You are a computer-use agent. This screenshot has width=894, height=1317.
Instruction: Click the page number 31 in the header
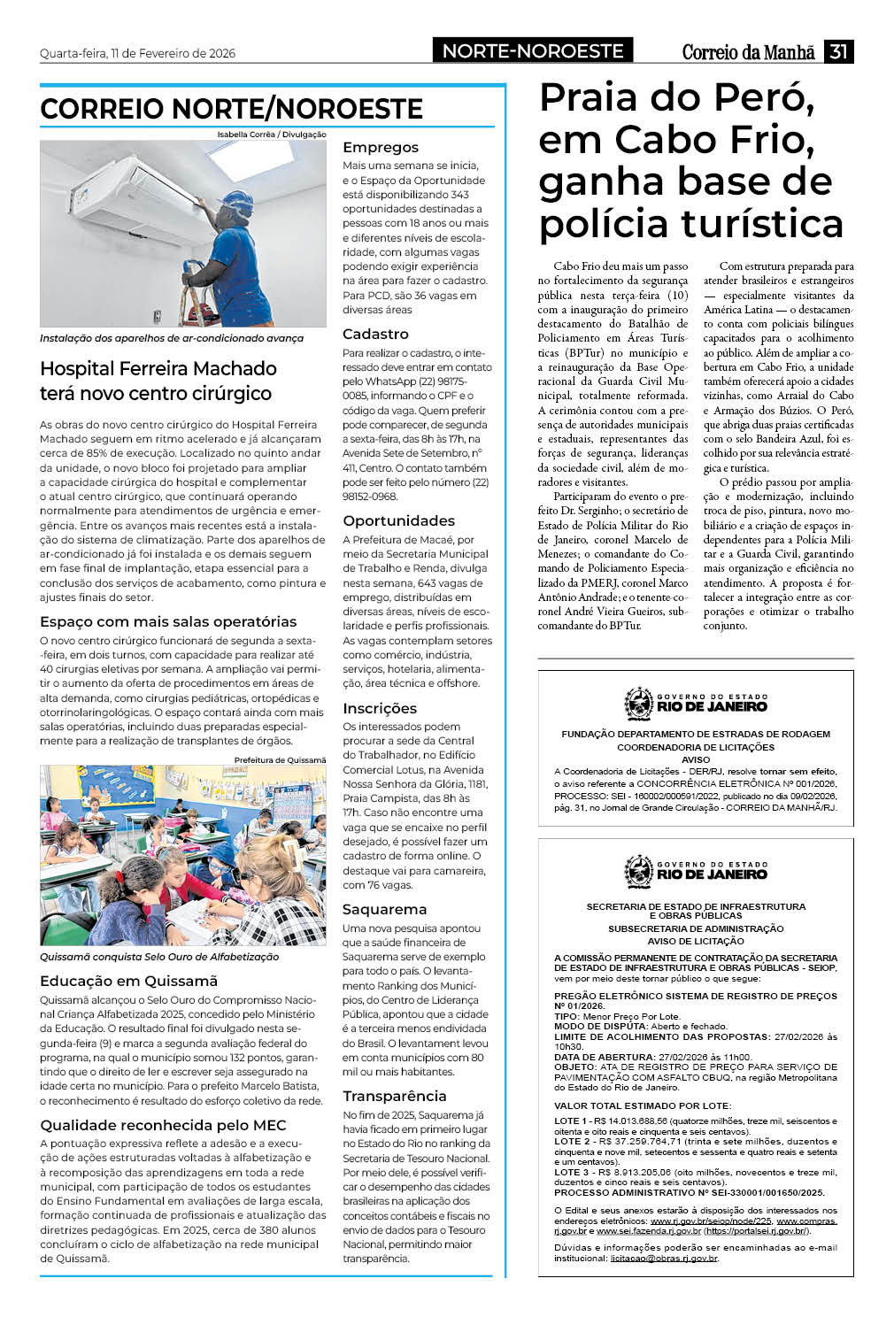(x=837, y=51)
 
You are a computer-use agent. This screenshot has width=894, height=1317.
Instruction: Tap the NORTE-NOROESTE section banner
(x=533, y=51)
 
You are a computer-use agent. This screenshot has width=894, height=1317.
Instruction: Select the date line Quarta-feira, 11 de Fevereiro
(x=137, y=53)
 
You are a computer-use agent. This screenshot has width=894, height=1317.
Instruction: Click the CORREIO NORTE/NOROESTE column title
(x=231, y=109)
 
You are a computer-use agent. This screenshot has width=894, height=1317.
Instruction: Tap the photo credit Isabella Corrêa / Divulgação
(x=272, y=135)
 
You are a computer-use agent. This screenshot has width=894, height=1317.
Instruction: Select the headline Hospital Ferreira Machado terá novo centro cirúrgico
(x=158, y=381)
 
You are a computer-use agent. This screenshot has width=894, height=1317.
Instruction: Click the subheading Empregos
(x=380, y=147)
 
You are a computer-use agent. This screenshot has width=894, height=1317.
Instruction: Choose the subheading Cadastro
(x=375, y=334)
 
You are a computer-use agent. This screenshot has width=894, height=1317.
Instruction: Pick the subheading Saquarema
(x=384, y=909)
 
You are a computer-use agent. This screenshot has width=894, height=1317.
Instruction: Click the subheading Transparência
(x=394, y=1096)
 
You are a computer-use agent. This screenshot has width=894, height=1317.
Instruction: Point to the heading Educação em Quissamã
(x=128, y=981)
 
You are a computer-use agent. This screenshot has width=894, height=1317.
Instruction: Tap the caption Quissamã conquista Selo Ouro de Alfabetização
(x=159, y=957)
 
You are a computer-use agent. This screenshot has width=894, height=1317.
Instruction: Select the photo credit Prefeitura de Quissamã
(x=280, y=760)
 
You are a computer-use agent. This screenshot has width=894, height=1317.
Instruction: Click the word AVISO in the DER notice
(x=696, y=759)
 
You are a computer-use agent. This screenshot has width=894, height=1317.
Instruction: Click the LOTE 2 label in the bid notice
(x=571, y=1142)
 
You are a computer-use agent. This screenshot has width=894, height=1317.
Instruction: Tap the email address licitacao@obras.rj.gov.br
(x=664, y=1258)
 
